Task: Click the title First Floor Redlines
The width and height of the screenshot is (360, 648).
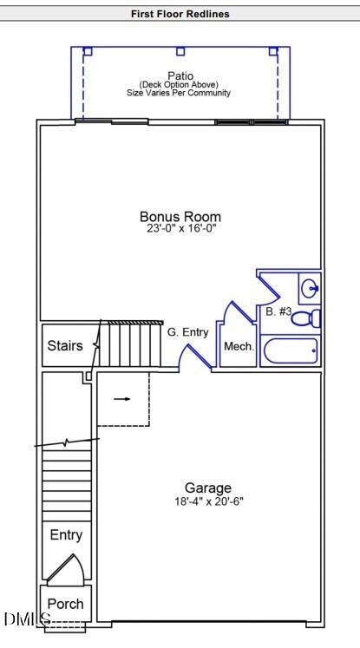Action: click(180, 14)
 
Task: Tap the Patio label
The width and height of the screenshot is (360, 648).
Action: click(180, 75)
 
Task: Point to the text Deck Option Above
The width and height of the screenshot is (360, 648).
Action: click(180, 84)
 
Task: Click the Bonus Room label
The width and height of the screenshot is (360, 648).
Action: click(180, 217)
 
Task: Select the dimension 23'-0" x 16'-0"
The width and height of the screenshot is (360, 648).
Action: click(180, 229)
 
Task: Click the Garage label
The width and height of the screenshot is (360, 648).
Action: click(208, 488)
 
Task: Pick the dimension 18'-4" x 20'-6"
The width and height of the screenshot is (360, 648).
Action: click(208, 501)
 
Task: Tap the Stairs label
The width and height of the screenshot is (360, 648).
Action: click(65, 345)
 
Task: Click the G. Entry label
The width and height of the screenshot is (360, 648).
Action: click(188, 331)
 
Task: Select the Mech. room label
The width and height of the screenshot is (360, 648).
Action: click(239, 346)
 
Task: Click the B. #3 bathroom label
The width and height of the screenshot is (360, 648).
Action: click(278, 311)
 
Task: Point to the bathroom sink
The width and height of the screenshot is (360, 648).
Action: click(310, 286)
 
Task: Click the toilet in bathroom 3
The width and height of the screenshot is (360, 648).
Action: click(305, 318)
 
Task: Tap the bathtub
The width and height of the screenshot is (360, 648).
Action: click(290, 351)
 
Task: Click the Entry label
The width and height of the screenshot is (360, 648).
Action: click(66, 534)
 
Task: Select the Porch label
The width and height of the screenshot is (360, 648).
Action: click(65, 604)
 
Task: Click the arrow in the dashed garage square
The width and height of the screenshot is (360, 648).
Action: click(122, 399)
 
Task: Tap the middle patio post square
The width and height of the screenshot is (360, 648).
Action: click(180, 51)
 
